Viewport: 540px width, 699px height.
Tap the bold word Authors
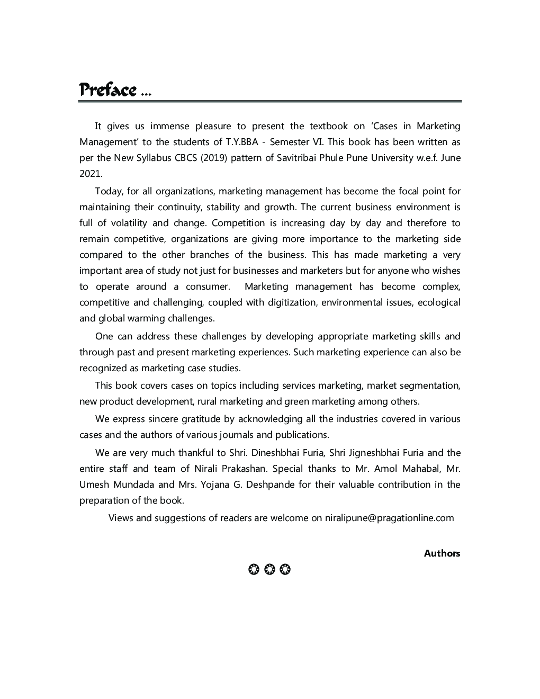pyautogui.click(x=442, y=553)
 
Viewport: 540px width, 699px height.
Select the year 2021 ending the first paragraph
pyautogui.click(x=91, y=174)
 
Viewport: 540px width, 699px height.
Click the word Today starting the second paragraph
pyautogui.click(x=109, y=191)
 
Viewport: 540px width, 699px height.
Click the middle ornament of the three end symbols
pyautogui.click(x=269, y=570)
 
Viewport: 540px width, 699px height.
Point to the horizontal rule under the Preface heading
pyautogui.click(x=269, y=101)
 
